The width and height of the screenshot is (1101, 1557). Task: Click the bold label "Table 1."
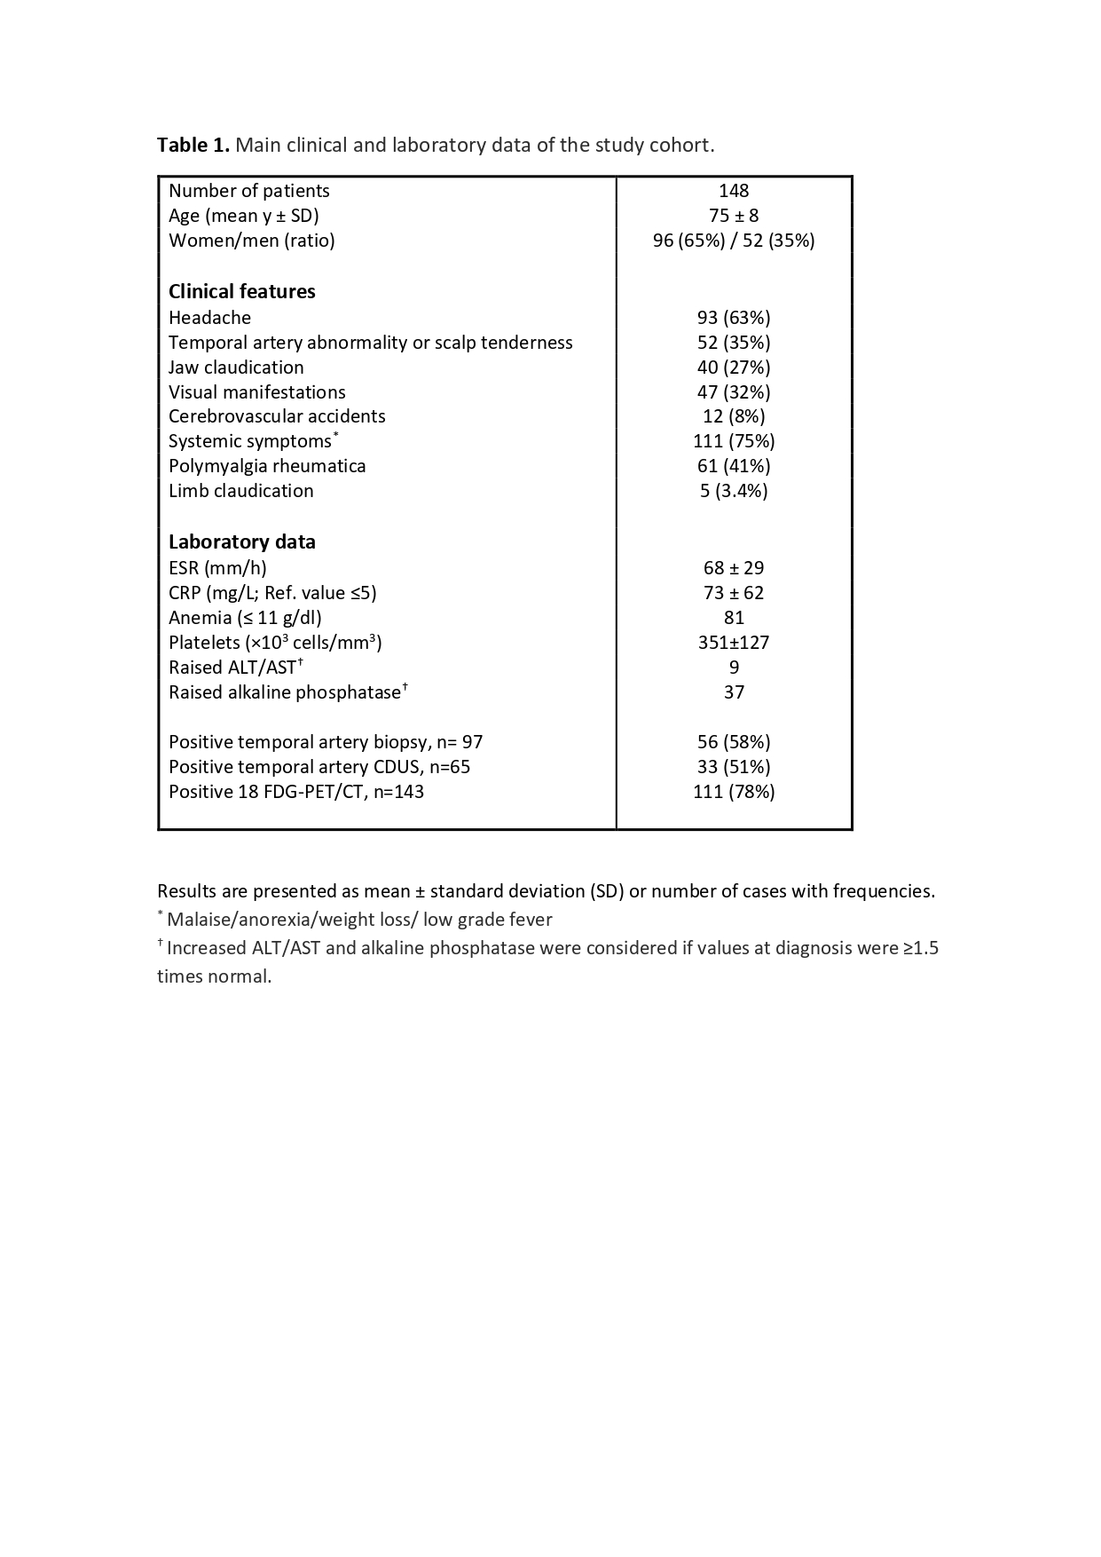coord(193,145)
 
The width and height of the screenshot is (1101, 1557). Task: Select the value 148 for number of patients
coord(734,191)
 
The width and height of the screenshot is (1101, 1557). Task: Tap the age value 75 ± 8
coord(734,216)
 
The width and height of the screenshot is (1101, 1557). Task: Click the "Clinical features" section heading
coord(242,292)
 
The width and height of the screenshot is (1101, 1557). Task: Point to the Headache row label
coord(210,318)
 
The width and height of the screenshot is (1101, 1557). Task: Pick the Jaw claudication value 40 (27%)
coord(734,368)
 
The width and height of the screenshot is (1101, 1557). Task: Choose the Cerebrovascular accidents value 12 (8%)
coord(734,416)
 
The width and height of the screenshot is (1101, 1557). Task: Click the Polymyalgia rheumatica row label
coord(267,466)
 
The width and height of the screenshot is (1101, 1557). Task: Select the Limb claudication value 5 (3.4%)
coord(734,491)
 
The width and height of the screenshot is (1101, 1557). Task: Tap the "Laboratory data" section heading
coord(242,542)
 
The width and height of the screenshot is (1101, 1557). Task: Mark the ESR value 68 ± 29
coord(734,568)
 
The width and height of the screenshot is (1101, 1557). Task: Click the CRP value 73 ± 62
coord(734,593)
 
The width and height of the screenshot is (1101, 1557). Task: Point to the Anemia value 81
coord(734,618)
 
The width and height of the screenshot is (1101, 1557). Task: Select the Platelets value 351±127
coord(734,643)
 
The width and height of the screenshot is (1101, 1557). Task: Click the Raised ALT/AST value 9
coord(734,668)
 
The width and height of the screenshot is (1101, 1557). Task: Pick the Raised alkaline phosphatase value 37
coord(734,692)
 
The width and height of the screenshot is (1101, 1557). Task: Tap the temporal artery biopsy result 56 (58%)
coord(734,742)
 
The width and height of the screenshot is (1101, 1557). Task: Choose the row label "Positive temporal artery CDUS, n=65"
coord(319,767)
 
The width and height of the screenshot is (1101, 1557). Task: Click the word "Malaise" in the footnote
coord(198,920)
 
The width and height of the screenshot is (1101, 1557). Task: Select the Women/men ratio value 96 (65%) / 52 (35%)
coord(734,241)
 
